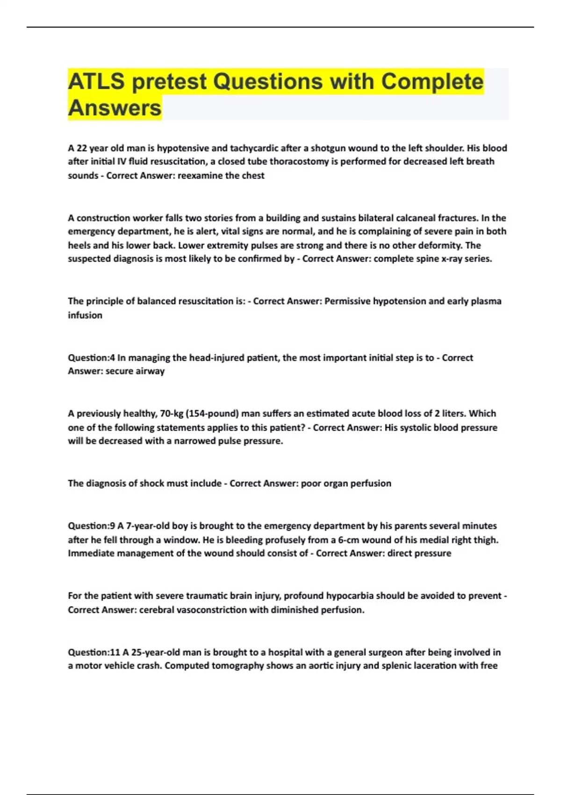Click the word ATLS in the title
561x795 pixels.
96,81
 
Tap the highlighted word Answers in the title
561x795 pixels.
115,108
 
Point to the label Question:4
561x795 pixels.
92,358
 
